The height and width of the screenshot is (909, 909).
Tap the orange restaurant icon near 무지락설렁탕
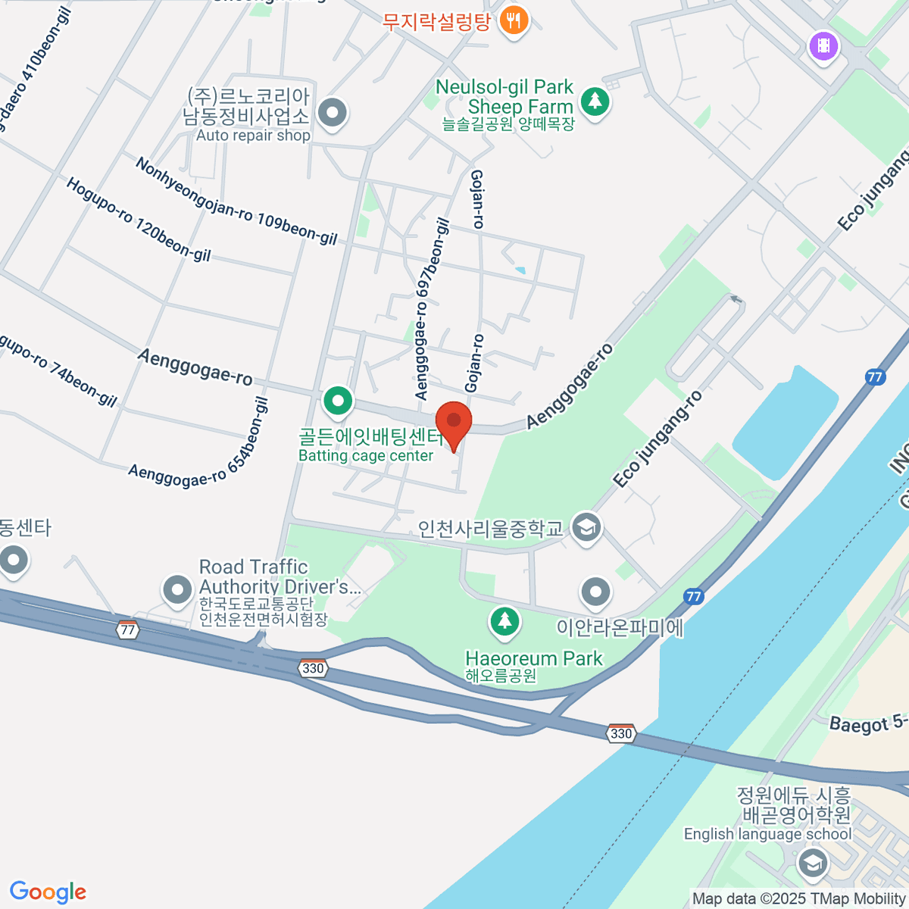point(514,20)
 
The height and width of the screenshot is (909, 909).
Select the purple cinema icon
point(823,46)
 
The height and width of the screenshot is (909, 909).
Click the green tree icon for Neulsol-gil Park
point(595,100)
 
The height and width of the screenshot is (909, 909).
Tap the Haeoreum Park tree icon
point(504,622)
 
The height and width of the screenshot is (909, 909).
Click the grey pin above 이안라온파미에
point(595,592)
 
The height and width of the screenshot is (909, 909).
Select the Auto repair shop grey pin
point(331,114)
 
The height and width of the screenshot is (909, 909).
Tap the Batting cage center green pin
point(338,401)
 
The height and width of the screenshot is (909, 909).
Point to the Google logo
point(48,892)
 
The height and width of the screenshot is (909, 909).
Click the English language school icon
point(812,862)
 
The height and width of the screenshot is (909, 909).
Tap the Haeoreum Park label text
point(533,658)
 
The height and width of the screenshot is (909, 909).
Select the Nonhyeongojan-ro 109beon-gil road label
point(236,201)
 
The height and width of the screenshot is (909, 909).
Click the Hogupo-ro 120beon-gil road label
point(139,220)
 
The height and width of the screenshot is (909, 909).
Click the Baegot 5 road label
point(867,722)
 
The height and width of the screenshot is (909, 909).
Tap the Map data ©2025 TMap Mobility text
point(798,898)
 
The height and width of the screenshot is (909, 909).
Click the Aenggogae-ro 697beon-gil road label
point(433,309)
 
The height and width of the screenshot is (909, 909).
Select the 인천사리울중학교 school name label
point(491,528)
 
